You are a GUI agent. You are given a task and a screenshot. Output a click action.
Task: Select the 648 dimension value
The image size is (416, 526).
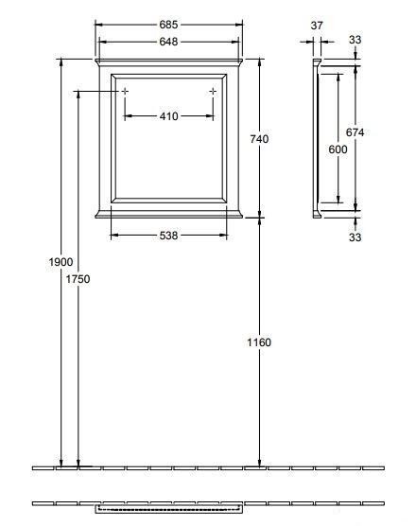[x=168, y=42]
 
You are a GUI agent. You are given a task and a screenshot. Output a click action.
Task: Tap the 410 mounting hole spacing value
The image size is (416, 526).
[x=168, y=116]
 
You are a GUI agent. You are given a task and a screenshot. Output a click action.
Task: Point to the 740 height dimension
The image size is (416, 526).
[x=260, y=139]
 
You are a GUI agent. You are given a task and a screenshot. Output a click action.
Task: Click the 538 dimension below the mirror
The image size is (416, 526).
[x=168, y=237]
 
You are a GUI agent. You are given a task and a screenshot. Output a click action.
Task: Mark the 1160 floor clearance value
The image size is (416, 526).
[x=260, y=342]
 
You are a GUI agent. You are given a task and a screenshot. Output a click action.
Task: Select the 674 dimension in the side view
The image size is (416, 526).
[x=355, y=132]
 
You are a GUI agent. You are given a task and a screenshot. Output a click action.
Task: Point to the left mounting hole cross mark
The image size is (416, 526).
[x=123, y=91]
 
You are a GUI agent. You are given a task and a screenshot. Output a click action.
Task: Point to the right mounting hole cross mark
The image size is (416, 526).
[x=213, y=91]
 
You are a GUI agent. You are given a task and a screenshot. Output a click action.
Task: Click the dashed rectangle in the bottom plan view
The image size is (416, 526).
[x=168, y=508]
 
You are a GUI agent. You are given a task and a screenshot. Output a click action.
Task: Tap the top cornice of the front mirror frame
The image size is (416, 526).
[x=168, y=62]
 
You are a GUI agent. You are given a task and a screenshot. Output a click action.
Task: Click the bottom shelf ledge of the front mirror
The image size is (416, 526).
[x=168, y=214]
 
